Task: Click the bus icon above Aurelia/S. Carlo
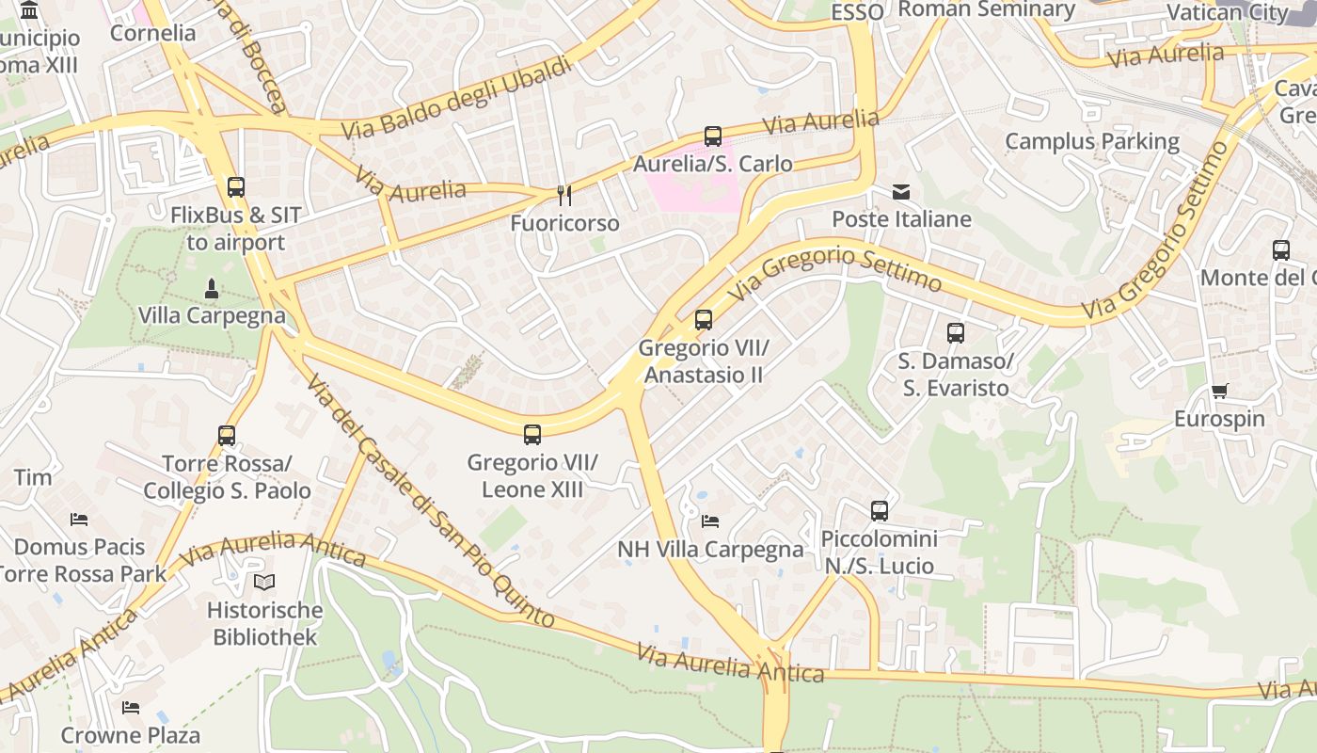pyautogui.click(x=713, y=136)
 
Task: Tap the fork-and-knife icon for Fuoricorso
pyautogui.click(x=564, y=195)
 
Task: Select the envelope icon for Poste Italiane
pyautogui.click(x=901, y=192)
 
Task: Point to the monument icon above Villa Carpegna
pyautogui.click(x=212, y=288)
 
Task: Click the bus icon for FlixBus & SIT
pyautogui.click(x=235, y=187)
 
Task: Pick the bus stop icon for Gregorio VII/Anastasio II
pyautogui.click(x=704, y=320)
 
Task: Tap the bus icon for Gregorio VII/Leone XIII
pyautogui.click(x=532, y=435)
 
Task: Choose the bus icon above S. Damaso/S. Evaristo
pyautogui.click(x=956, y=333)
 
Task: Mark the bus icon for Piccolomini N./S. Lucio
pyautogui.click(x=880, y=511)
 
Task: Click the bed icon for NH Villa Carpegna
pyautogui.click(x=710, y=521)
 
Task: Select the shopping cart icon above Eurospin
pyautogui.click(x=1219, y=392)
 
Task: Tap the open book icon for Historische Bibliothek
pyautogui.click(x=264, y=583)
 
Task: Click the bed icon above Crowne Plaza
pyautogui.click(x=131, y=708)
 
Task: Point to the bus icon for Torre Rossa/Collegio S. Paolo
pyautogui.click(x=227, y=436)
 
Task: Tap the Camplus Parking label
pyautogui.click(x=1092, y=141)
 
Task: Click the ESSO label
pyautogui.click(x=858, y=12)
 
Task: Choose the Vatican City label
pyautogui.click(x=1227, y=12)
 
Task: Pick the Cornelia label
pyautogui.click(x=153, y=33)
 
